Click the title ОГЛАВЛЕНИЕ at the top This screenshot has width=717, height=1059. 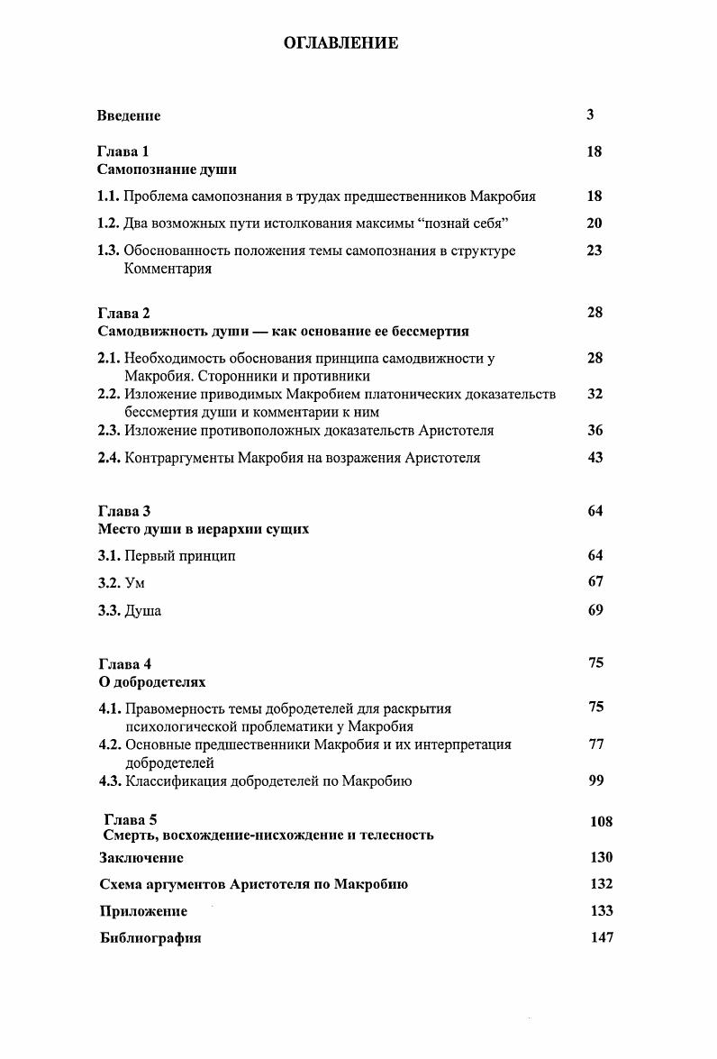340,43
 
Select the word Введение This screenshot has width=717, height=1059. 129,115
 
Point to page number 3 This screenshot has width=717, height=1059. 590,114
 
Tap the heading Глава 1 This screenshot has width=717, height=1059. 123,151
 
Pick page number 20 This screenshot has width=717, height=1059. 594,224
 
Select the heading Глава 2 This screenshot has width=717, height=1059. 123,314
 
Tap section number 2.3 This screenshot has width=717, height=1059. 109,431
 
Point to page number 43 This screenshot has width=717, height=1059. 594,457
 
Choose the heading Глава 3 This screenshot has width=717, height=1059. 123,512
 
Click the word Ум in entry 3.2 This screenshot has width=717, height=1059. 134,584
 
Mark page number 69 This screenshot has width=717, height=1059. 595,610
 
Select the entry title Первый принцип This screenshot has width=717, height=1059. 179,556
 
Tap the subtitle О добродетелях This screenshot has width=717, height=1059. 152,682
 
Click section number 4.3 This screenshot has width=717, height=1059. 110,781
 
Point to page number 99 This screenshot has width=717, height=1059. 596,781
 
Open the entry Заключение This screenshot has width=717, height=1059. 141,858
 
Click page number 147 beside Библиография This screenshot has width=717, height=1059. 602,937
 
